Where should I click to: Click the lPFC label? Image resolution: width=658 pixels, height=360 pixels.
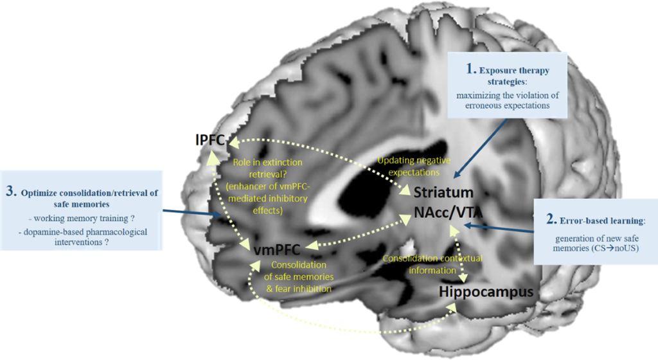coord(211,139)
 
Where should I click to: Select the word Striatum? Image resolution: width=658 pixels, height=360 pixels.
coord(443,192)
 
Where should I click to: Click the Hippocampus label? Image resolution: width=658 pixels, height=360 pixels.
coord(486,292)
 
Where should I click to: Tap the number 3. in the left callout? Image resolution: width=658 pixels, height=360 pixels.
coord(12,192)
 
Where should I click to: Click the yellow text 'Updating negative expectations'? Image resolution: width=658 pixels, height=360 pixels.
coord(414,166)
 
